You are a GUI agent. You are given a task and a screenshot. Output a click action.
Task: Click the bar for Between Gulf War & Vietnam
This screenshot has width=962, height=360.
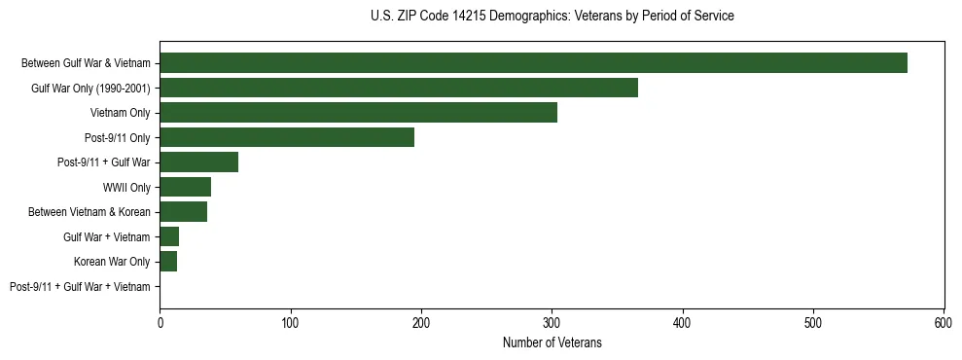coord(533,63)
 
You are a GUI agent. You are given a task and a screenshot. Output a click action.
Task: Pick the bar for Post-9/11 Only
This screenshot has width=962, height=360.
coord(287,137)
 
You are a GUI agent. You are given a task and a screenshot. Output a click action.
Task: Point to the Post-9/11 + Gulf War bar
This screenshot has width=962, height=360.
coord(198,162)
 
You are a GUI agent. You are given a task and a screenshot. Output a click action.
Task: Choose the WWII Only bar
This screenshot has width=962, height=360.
coord(185,187)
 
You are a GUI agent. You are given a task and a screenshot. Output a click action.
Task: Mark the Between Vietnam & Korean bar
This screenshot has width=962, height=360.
coord(183,212)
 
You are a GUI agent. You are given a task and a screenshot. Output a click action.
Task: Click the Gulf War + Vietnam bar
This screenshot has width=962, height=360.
coord(169,236)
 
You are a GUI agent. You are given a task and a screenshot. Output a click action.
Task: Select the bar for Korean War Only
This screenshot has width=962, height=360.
coord(168,262)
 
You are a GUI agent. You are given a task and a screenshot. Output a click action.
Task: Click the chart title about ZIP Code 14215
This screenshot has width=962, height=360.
coord(552,17)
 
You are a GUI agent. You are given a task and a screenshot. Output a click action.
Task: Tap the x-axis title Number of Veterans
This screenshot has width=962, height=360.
coord(552,342)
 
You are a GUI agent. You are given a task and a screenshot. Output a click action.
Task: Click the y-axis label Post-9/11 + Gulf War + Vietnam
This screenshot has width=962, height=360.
coord(80,287)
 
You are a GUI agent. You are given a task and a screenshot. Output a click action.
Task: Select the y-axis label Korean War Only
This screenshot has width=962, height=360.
coord(112,262)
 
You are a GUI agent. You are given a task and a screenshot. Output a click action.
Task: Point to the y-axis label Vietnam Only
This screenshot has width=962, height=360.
coord(120,113)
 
